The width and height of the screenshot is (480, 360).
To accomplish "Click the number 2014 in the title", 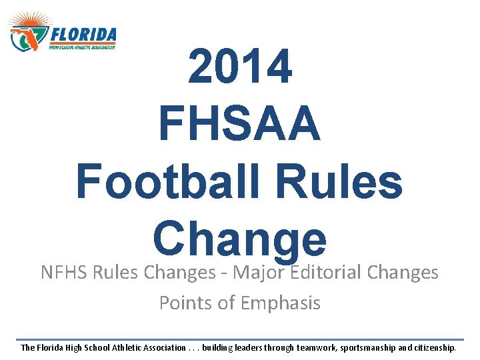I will (x=240, y=67).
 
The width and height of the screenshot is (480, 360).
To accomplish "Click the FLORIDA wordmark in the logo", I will (x=83, y=35).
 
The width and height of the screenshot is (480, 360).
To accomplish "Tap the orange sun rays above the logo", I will (x=28, y=18).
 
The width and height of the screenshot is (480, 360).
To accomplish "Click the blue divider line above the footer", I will (x=240, y=339).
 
